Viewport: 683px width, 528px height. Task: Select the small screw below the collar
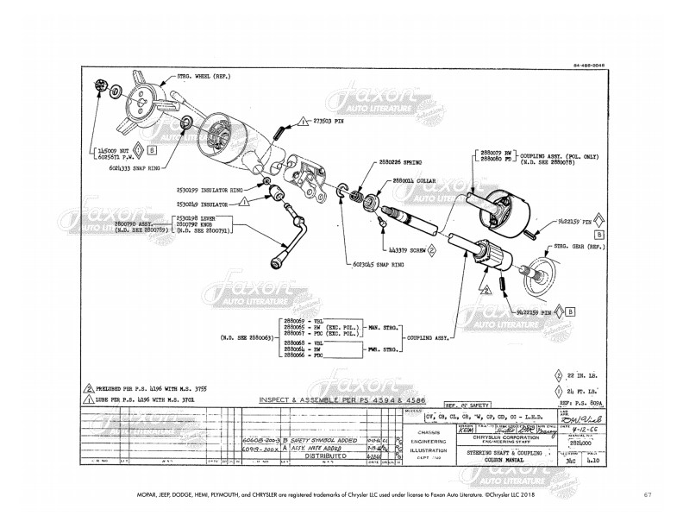coord(382,224)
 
